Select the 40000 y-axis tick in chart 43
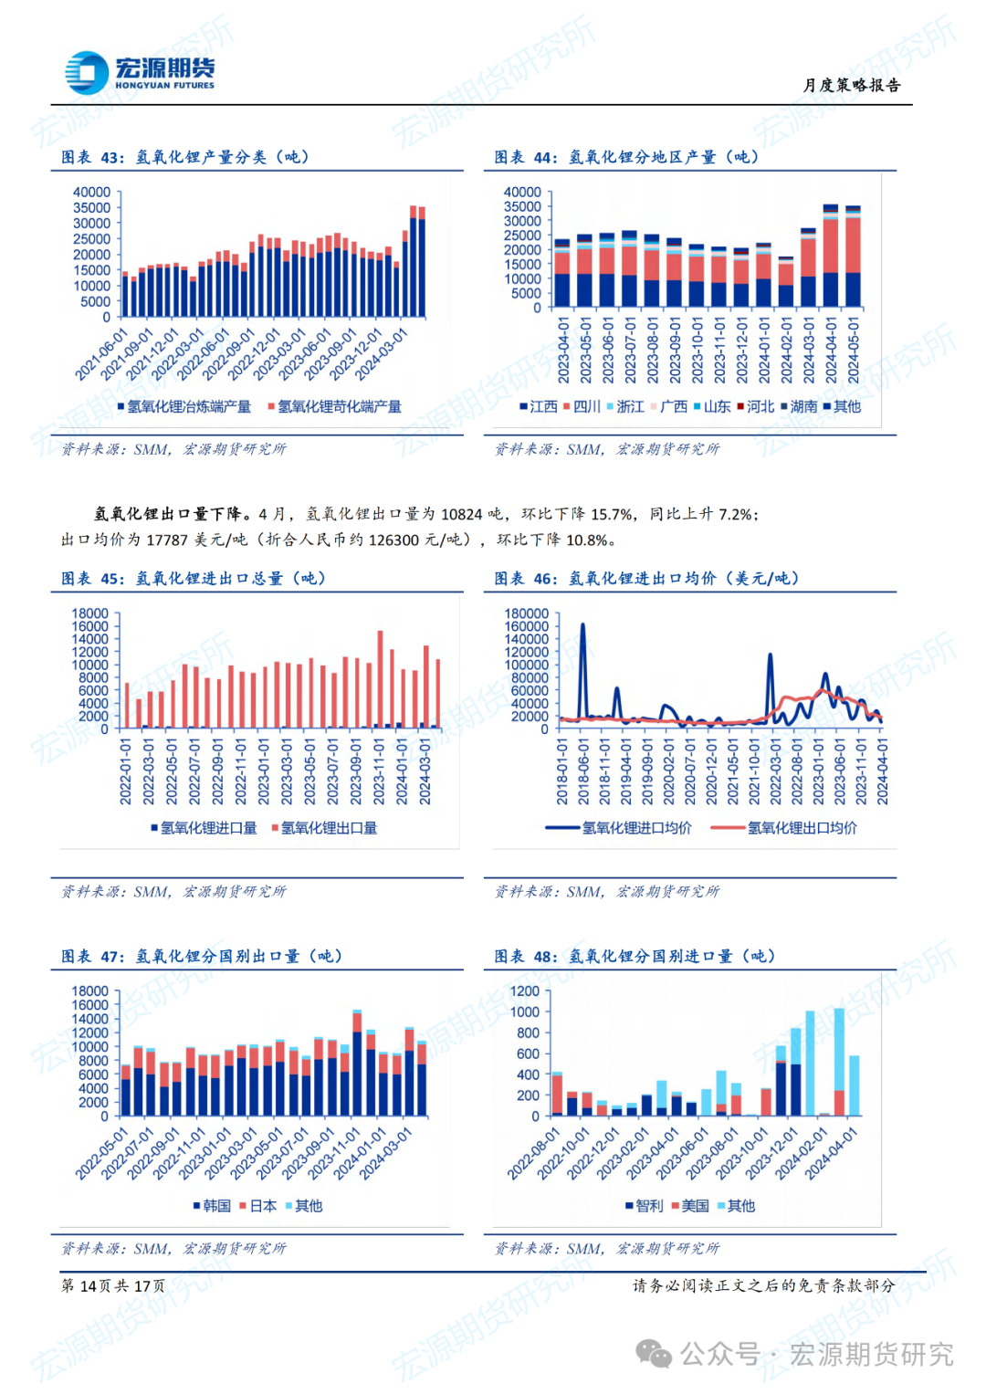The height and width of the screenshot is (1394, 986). click(x=91, y=193)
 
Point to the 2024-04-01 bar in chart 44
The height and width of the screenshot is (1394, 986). click(x=831, y=256)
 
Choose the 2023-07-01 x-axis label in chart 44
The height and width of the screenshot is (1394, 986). click(x=630, y=351)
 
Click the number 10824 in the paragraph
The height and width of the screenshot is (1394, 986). click(x=461, y=515)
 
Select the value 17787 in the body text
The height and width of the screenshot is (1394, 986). click(x=166, y=540)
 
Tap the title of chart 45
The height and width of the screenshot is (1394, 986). click(x=194, y=579)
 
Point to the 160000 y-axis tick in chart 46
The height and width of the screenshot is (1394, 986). click(x=527, y=627)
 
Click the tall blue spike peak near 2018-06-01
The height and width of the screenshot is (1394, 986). click(x=582, y=626)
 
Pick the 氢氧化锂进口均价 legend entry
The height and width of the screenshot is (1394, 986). click(x=620, y=829)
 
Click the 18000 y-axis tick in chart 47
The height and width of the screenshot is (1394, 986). click(x=90, y=991)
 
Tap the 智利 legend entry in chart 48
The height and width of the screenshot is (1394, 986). click(x=645, y=1207)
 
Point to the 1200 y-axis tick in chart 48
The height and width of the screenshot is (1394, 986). click(x=525, y=991)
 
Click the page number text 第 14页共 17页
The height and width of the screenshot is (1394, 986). click(x=113, y=1286)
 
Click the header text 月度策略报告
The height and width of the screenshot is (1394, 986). click(x=852, y=85)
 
